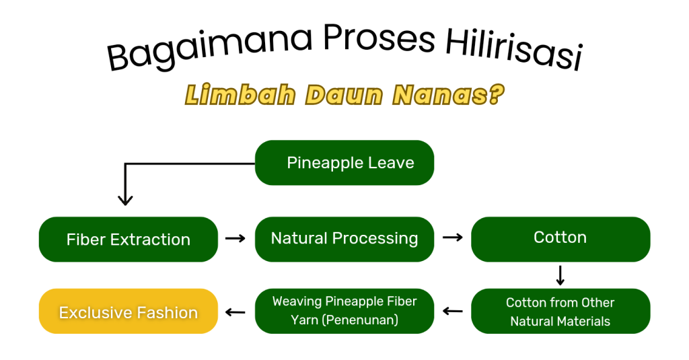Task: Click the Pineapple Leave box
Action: (x=344, y=163)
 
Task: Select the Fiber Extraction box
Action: (x=129, y=239)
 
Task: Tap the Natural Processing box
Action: (x=344, y=239)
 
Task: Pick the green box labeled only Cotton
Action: (x=560, y=239)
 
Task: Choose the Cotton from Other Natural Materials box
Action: (x=560, y=311)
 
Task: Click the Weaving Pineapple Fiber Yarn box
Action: (x=344, y=311)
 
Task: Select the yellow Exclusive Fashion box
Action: (x=129, y=311)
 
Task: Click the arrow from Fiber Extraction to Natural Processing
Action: (x=235, y=238)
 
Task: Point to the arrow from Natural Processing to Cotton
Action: (x=453, y=238)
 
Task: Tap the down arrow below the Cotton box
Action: (x=560, y=275)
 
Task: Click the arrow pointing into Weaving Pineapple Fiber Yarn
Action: (x=453, y=311)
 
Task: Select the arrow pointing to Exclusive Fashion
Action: (x=235, y=312)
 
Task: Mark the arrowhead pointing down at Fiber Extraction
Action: (x=125, y=201)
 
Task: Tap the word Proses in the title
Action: (x=379, y=38)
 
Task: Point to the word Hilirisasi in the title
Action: (x=515, y=49)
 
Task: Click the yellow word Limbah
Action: (x=240, y=94)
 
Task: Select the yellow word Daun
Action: (x=344, y=95)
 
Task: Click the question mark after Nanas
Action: (x=496, y=94)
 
